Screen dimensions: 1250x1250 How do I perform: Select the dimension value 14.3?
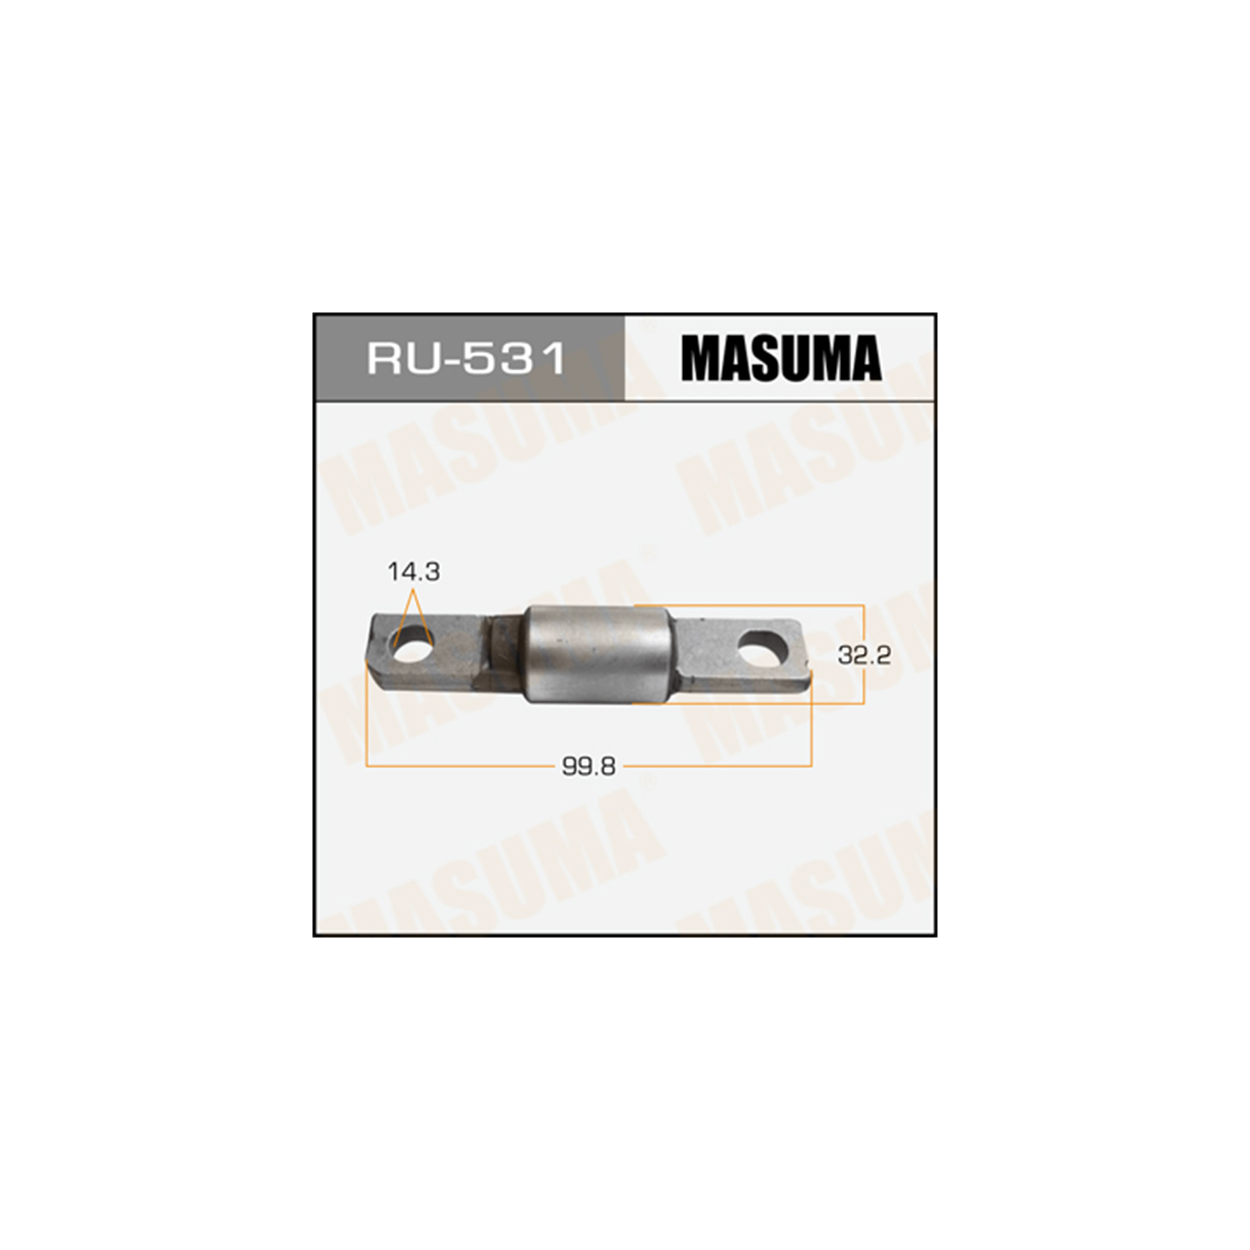pyautogui.click(x=413, y=572)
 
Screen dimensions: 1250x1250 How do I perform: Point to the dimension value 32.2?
pyautogui.click(x=864, y=656)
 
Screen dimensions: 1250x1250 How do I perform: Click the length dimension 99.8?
pyautogui.click(x=589, y=767)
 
